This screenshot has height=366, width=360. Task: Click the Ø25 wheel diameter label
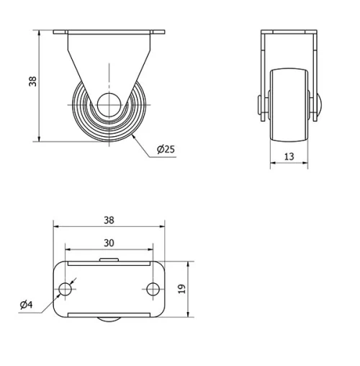pyautogui.click(x=166, y=150)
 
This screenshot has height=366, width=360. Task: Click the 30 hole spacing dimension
pyautogui.click(x=109, y=243)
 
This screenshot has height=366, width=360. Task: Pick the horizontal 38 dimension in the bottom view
pyautogui.click(x=109, y=220)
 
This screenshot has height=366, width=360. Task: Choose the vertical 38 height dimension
pyautogui.click(x=32, y=82)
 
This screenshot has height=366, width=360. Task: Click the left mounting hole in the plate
pyautogui.click(x=65, y=289)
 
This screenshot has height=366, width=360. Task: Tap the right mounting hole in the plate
pyautogui.click(x=153, y=289)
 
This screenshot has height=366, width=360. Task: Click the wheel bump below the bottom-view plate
pyautogui.click(x=109, y=321)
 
